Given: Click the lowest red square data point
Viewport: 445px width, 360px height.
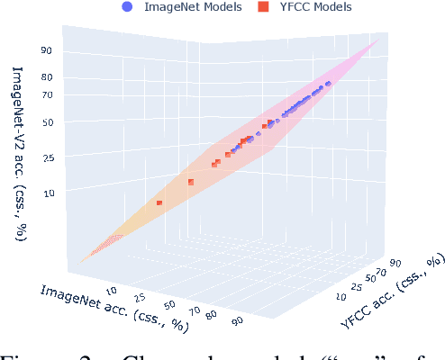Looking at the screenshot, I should [159, 203].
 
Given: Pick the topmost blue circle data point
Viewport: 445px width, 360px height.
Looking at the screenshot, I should [328, 84].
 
